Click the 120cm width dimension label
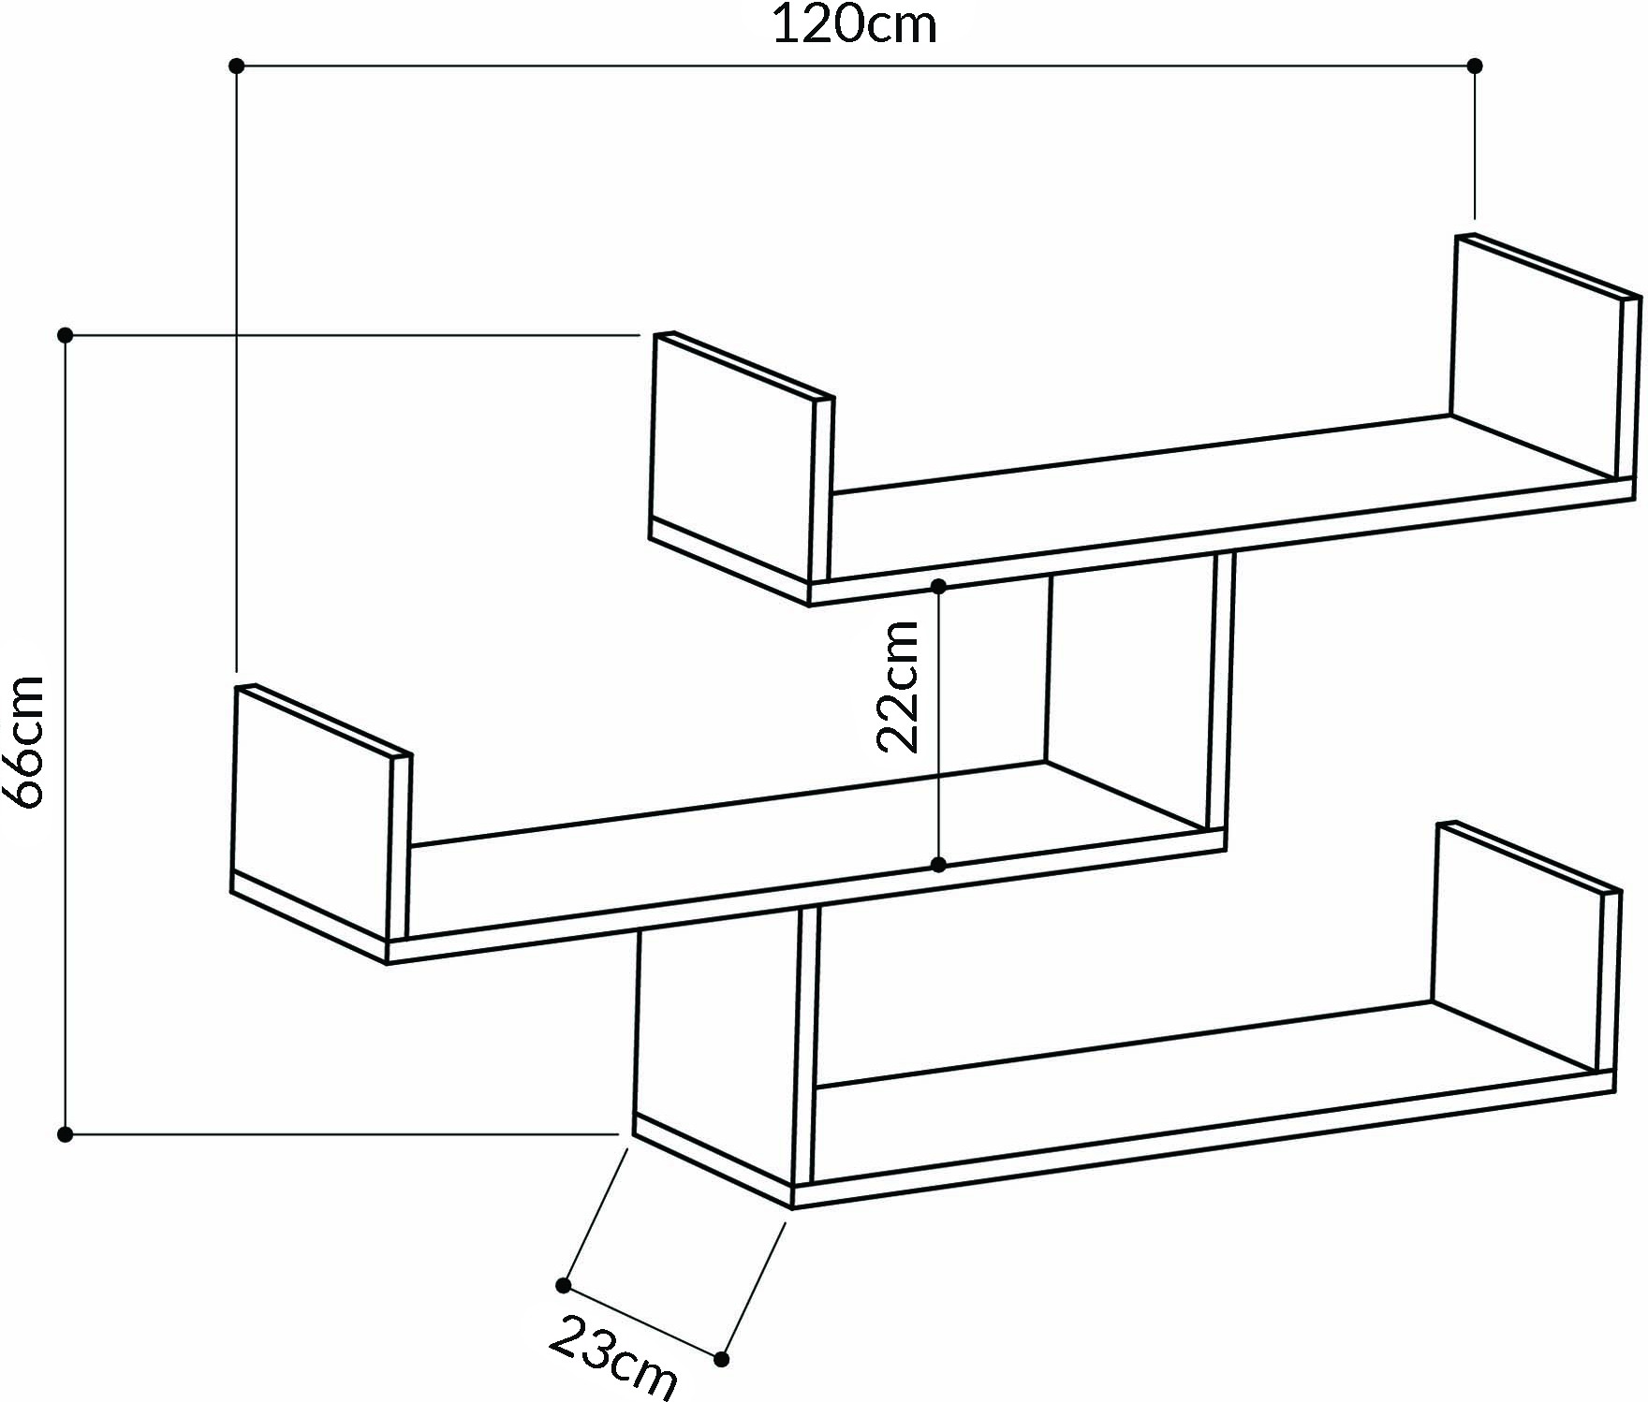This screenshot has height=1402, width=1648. click(853, 24)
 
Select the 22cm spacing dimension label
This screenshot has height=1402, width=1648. click(898, 686)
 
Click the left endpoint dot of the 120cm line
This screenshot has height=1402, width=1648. click(237, 66)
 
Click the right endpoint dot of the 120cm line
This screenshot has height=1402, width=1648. click(1475, 66)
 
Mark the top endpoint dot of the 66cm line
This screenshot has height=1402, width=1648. click(65, 334)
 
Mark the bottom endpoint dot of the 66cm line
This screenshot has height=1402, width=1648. click(65, 1134)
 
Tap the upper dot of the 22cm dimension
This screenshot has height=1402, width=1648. click(939, 587)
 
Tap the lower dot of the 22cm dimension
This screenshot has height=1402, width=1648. click(939, 864)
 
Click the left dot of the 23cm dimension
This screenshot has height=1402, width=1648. click(564, 1285)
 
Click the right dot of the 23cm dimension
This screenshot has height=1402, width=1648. click(722, 1358)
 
